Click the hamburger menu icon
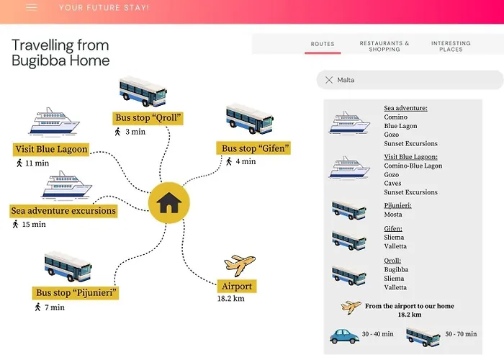click(x=32, y=7)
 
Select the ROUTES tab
click(x=323, y=44)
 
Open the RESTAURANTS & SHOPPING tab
click(x=384, y=46)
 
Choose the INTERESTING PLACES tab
click(x=451, y=46)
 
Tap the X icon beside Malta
click(x=329, y=80)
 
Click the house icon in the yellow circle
click(x=168, y=203)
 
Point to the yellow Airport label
click(x=237, y=286)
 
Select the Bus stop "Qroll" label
click(x=148, y=118)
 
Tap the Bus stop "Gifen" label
click(x=255, y=148)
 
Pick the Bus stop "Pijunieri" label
click(x=76, y=293)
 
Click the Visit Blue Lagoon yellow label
click(x=51, y=150)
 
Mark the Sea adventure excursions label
click(x=63, y=211)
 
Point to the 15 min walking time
click(x=33, y=224)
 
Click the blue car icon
click(x=345, y=336)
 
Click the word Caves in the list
click(x=393, y=183)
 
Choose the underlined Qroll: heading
click(x=392, y=261)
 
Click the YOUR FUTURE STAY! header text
click(x=104, y=8)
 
